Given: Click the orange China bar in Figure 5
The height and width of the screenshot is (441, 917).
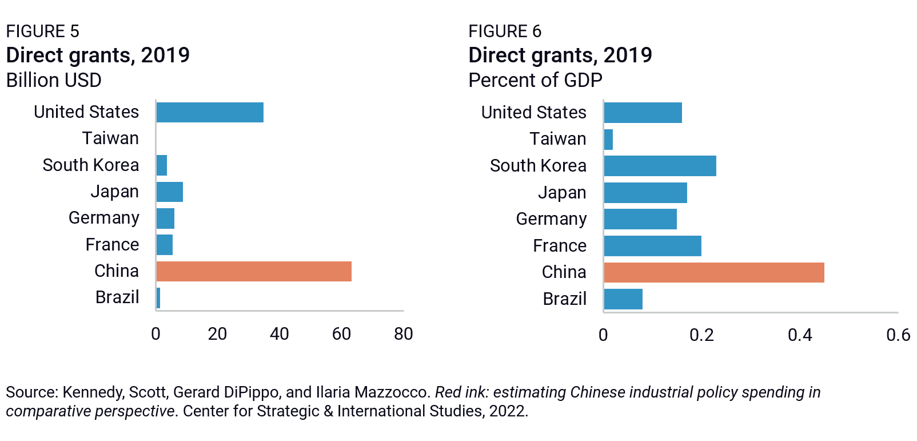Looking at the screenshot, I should [x=254, y=271].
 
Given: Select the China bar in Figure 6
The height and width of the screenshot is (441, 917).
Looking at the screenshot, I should [x=713, y=272].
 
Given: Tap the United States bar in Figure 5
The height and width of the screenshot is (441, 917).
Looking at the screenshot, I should [x=210, y=112].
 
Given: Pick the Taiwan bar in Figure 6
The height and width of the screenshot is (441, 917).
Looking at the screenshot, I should [x=608, y=140].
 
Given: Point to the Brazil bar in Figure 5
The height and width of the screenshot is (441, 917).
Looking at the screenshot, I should [x=158, y=298].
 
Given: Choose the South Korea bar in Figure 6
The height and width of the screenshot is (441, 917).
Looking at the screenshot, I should [x=660, y=166].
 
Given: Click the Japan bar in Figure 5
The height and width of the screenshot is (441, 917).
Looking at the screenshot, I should [x=170, y=192].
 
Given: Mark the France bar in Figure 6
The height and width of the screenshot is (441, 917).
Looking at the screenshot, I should [x=652, y=246].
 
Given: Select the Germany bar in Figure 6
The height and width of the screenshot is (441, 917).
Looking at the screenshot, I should [x=640, y=219].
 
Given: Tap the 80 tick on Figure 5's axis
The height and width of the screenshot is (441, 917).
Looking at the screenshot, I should [x=403, y=334].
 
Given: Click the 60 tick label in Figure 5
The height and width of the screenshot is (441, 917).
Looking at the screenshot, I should [x=341, y=334].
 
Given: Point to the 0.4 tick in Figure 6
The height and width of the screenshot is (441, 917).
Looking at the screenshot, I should [x=800, y=335].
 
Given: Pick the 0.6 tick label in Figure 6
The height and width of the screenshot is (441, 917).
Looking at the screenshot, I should [x=898, y=335].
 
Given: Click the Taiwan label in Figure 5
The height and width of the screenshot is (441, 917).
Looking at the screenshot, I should [x=110, y=138].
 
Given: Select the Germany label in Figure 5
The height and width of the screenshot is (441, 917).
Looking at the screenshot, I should [x=103, y=218].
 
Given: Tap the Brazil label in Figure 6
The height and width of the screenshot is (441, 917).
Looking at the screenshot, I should [x=564, y=299].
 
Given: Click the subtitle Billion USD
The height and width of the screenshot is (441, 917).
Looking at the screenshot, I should [x=54, y=80].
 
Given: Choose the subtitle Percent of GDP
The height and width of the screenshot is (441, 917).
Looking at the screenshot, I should [x=535, y=80].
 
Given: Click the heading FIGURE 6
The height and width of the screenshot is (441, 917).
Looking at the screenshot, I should [x=504, y=31].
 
